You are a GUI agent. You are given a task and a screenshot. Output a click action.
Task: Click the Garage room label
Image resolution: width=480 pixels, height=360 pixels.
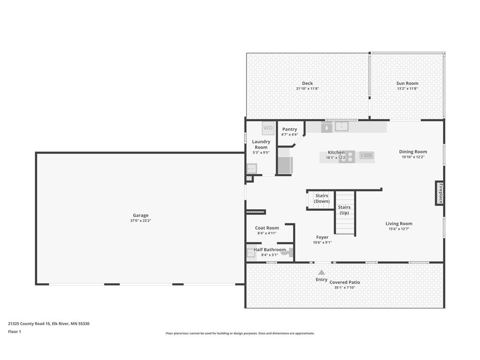pyautogui.click(x=141, y=215)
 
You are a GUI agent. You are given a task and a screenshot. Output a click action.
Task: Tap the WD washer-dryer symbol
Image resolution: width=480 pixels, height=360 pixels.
pyautogui.click(x=268, y=128)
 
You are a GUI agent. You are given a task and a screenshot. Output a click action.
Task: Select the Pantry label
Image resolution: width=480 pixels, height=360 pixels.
pyautogui.click(x=290, y=129)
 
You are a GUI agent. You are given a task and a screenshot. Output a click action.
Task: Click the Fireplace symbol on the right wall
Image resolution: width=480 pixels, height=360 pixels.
pyautogui.click(x=440, y=193)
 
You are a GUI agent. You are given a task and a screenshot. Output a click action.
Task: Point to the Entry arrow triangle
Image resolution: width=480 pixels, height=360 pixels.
pyautogui.click(x=322, y=272)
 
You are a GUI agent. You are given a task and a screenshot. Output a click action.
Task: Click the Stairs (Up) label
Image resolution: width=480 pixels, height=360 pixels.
pyautogui.click(x=345, y=210)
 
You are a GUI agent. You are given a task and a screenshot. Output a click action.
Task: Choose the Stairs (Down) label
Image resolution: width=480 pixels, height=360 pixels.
pyautogui.click(x=322, y=198)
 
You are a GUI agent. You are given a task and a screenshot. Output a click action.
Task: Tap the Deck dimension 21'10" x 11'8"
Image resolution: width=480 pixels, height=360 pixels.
pyautogui.click(x=307, y=89)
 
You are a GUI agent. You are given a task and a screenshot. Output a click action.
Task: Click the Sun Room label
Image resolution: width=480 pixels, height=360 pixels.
pyautogui.click(x=407, y=83)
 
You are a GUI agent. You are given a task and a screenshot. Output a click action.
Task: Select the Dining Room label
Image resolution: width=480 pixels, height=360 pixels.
pyautogui.click(x=413, y=151)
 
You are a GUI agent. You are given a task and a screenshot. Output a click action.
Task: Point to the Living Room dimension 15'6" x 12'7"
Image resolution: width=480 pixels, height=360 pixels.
pyautogui.click(x=399, y=229)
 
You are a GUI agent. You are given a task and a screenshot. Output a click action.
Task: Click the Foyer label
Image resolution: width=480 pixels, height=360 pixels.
pyautogui.click(x=322, y=237)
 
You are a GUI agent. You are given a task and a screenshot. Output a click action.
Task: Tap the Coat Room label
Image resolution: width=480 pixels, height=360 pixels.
pyautogui.click(x=267, y=228)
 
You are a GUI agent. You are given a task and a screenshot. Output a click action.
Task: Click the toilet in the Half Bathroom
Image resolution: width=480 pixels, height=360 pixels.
pyautogui.click(x=290, y=253)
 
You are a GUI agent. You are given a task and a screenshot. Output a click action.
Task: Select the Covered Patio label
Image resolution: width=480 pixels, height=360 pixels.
pyautogui.click(x=345, y=282)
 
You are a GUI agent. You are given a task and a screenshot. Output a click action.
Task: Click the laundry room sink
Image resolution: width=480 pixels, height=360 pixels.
pyautogui.click(x=252, y=168)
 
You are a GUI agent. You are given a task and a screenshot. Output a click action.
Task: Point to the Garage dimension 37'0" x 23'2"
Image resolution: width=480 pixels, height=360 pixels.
pyautogui.click(x=141, y=220)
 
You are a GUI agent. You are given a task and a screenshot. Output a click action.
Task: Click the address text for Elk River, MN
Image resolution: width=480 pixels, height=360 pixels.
pyautogui.click(x=49, y=323)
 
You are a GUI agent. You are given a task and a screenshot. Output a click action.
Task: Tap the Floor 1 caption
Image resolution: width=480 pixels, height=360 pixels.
pyautogui.click(x=15, y=331)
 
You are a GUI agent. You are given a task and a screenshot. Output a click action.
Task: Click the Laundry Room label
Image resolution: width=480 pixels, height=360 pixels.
pyautogui.click(x=261, y=144)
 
